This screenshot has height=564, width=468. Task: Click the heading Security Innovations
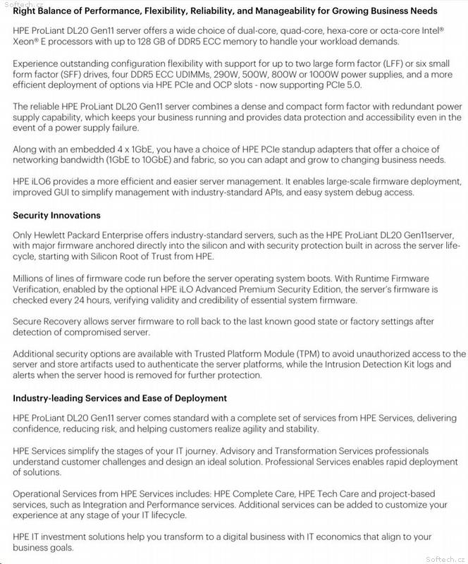56,215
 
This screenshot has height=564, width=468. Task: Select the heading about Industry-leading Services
120,398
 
